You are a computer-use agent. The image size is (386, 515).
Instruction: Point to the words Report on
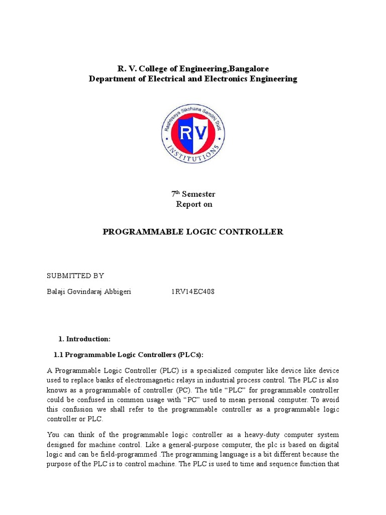[x=194, y=204]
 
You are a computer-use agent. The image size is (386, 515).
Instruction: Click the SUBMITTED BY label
[x=75, y=276]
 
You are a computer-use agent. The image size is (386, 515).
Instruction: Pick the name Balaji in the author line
[x=57, y=292]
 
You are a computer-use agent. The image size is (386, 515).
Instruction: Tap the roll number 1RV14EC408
[x=192, y=292]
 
